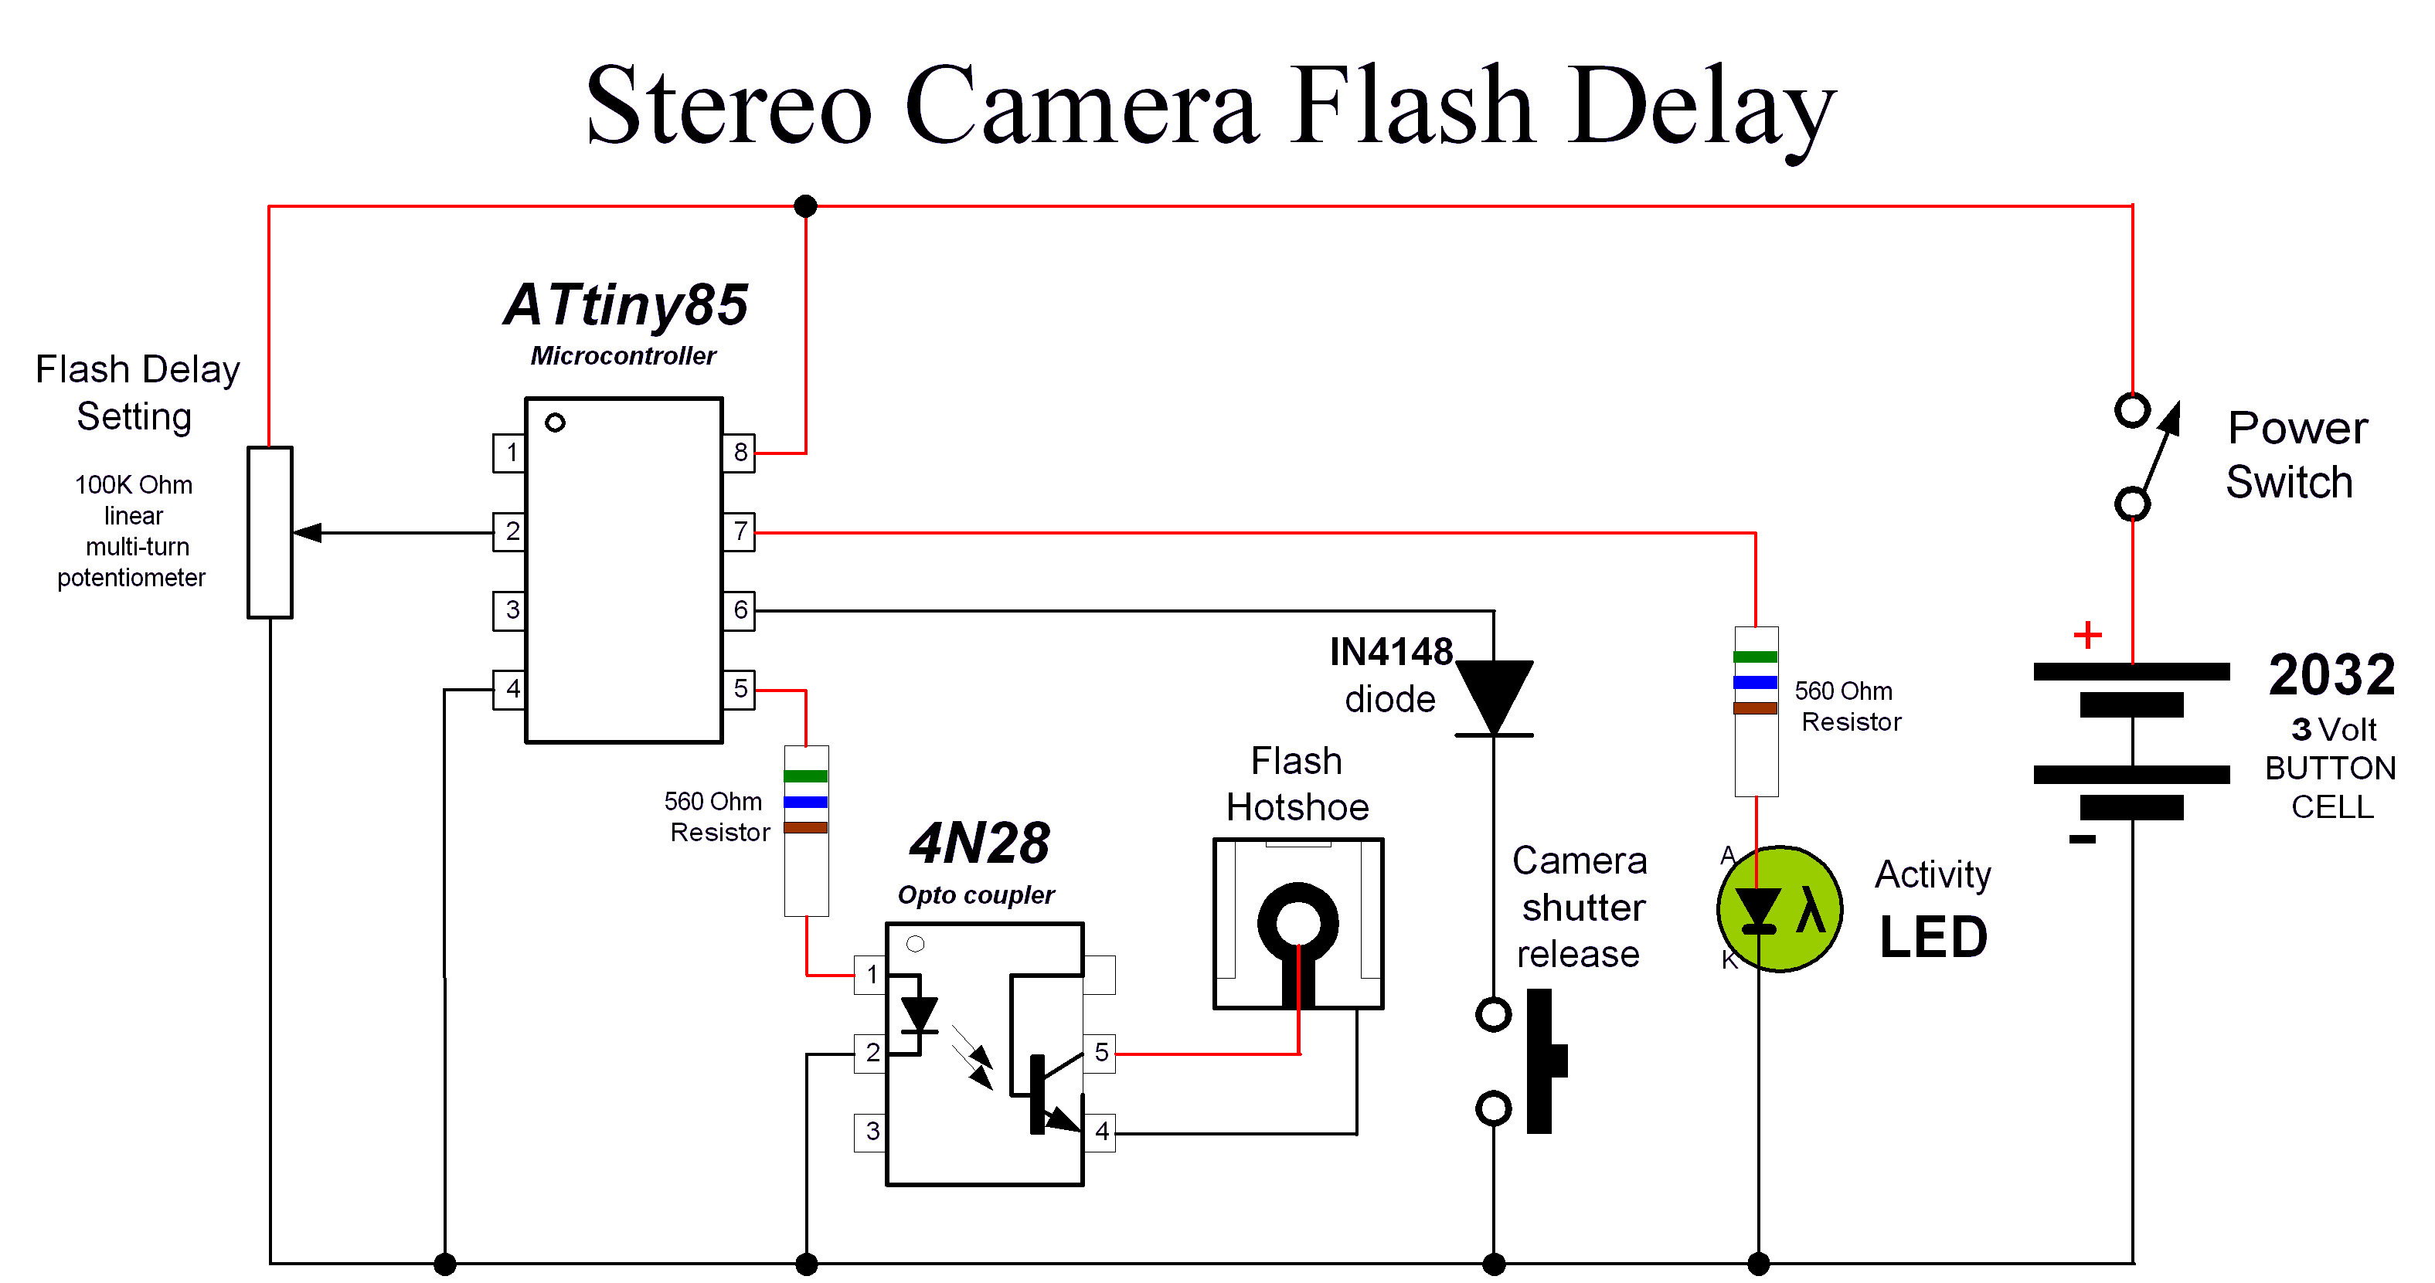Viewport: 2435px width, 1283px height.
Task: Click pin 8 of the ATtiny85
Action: tap(740, 453)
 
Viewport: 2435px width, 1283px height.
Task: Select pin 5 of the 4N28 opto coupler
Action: tap(1100, 1053)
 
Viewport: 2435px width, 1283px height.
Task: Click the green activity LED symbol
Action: tap(1779, 909)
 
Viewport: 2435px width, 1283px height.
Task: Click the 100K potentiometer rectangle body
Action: tap(270, 533)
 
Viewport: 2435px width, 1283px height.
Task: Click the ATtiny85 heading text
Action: tap(626, 304)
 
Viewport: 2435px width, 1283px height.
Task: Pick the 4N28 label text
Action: tap(979, 843)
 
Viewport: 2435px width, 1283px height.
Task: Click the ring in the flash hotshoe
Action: tap(1297, 922)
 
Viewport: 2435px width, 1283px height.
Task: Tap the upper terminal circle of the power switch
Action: tap(2131, 411)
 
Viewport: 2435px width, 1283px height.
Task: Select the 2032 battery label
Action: tap(2331, 674)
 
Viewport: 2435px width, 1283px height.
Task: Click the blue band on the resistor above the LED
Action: tap(1756, 682)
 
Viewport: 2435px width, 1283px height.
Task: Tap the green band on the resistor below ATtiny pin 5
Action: tap(805, 776)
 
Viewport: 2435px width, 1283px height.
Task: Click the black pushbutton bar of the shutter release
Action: tap(1541, 1060)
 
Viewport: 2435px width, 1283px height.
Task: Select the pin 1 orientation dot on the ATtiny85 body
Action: tap(555, 423)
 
